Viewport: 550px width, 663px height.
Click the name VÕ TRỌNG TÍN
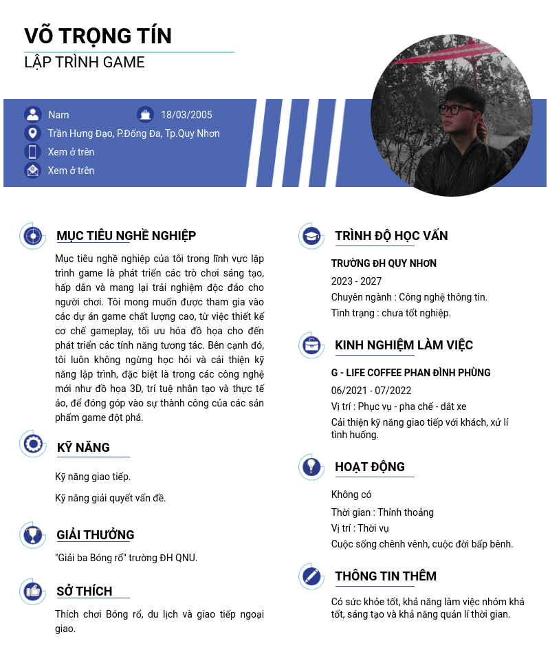point(98,36)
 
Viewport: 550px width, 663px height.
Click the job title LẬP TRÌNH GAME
point(85,63)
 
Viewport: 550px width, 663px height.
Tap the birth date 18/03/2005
point(186,115)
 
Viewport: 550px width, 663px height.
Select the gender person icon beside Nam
point(32,115)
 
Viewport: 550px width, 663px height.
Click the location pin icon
point(32,133)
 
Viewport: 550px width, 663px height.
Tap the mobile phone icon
point(32,152)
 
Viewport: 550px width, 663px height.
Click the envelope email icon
point(32,170)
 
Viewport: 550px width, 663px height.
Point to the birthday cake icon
point(145,115)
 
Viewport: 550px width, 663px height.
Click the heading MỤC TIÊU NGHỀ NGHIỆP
point(126,236)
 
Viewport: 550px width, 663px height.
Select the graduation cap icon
point(311,236)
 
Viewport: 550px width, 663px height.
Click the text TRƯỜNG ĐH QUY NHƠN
point(384,263)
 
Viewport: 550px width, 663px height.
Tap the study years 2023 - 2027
point(356,281)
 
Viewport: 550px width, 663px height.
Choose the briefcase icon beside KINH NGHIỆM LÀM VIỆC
point(311,345)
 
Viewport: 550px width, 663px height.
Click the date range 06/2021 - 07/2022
point(371,391)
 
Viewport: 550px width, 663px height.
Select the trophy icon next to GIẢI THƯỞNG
point(32,535)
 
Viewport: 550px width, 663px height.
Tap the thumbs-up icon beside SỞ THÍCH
point(32,591)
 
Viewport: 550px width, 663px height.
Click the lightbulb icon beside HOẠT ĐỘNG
point(311,467)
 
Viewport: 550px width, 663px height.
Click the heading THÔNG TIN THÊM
point(386,576)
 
